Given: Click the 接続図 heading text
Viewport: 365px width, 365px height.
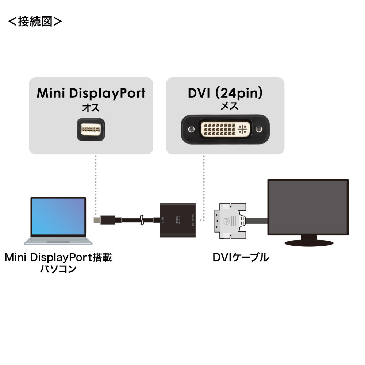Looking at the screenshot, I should (35, 22).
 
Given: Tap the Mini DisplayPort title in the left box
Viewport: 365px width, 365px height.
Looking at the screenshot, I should (91, 93).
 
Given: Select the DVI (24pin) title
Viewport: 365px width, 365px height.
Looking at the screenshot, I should (225, 93).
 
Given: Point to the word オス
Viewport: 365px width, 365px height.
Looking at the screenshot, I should (91, 108).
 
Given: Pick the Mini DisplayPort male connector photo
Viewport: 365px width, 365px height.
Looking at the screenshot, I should (91, 129).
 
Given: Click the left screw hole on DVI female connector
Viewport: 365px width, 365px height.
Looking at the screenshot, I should (190, 129).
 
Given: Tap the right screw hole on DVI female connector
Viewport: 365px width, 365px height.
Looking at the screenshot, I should (259, 129).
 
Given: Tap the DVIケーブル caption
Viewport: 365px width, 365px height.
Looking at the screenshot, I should (241, 258).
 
